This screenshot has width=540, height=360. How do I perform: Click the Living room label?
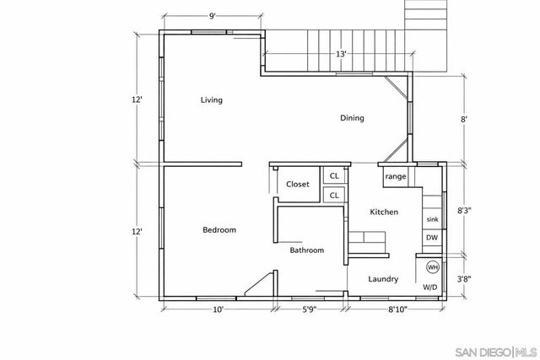(x=211, y=100)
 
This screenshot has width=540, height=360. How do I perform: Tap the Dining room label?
(x=352, y=118)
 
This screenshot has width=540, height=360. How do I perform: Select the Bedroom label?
(x=219, y=230)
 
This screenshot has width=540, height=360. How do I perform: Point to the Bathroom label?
(x=307, y=250)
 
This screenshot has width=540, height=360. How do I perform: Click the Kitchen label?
(x=384, y=212)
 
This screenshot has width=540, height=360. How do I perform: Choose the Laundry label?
(x=384, y=279)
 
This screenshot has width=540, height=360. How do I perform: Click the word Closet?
(x=297, y=184)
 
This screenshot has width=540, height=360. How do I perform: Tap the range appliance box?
(x=396, y=177)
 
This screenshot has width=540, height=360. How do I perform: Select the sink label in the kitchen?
(x=431, y=218)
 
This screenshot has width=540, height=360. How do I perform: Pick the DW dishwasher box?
(x=431, y=238)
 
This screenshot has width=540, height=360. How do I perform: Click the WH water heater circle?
(x=432, y=267)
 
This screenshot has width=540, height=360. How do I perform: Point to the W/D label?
(x=429, y=287)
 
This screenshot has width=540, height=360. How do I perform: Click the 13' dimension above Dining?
(x=341, y=55)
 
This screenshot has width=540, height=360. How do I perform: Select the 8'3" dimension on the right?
(x=464, y=211)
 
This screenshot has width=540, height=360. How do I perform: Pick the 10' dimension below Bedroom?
(x=217, y=309)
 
